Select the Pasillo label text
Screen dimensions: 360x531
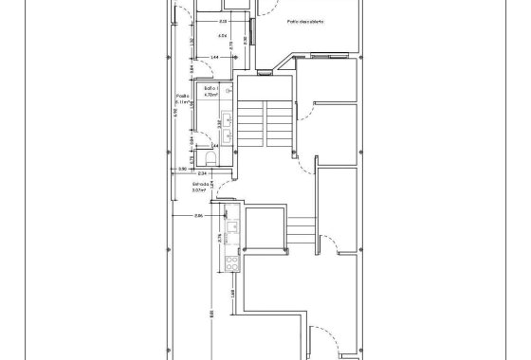click(183, 96)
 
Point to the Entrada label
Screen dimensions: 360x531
click(200, 184)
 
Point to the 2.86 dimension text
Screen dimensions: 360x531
click(199, 217)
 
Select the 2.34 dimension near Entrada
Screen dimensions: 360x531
click(202, 173)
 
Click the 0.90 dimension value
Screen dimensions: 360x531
click(183, 169)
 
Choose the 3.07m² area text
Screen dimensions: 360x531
click(200, 190)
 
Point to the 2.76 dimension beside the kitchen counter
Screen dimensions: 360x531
click(221, 237)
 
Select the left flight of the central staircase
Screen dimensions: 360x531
click(251, 124)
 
